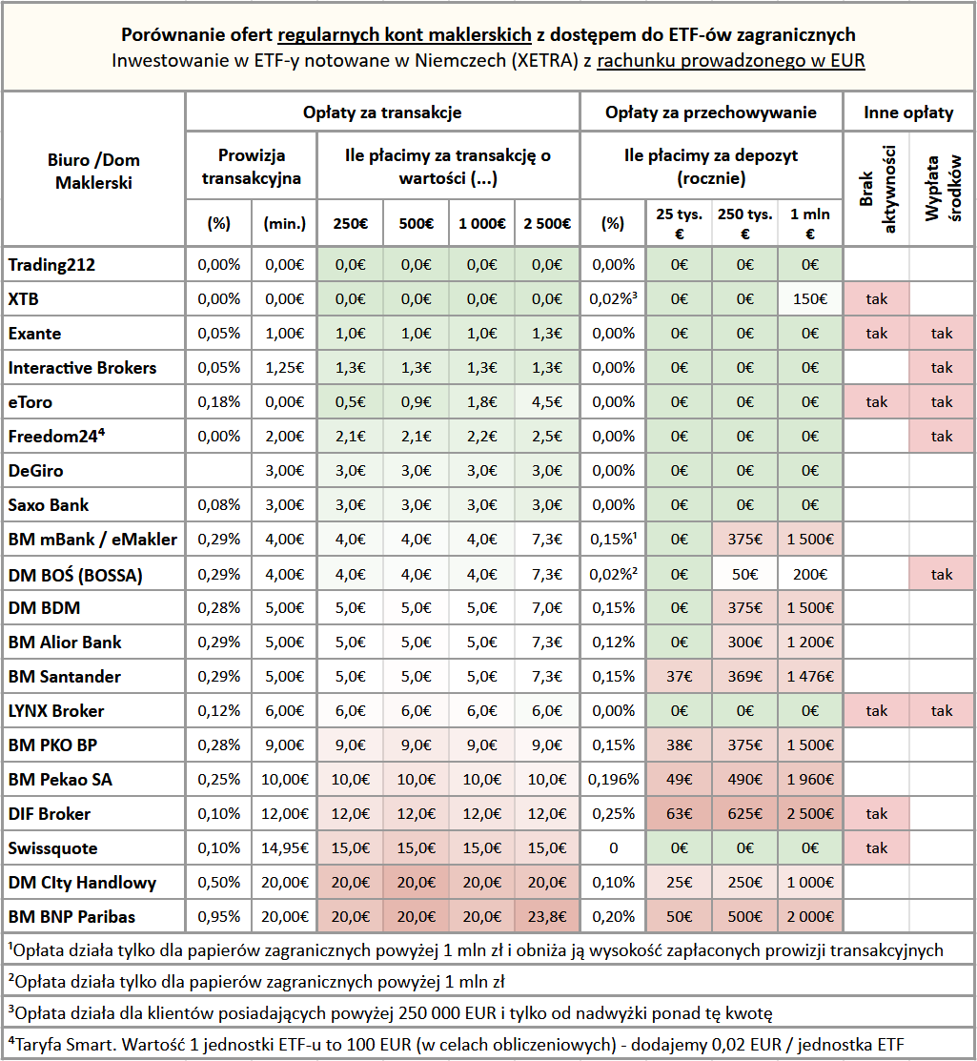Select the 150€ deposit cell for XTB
tap(809, 299)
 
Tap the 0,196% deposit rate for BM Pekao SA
tap(613, 780)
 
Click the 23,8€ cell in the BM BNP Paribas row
tap(547, 917)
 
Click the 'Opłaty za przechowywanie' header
tap(711, 112)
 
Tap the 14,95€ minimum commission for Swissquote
tap(284, 848)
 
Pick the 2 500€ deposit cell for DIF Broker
tap(809, 814)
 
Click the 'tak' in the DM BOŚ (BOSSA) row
tap(942, 574)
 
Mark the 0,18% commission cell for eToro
tap(219, 402)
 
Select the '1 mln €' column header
tap(809, 224)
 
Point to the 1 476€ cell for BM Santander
tap(809, 677)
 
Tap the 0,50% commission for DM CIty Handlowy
tap(219, 883)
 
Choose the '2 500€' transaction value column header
tap(547, 224)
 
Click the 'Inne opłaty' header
tap(908, 112)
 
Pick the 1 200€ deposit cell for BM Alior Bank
tap(809, 643)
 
